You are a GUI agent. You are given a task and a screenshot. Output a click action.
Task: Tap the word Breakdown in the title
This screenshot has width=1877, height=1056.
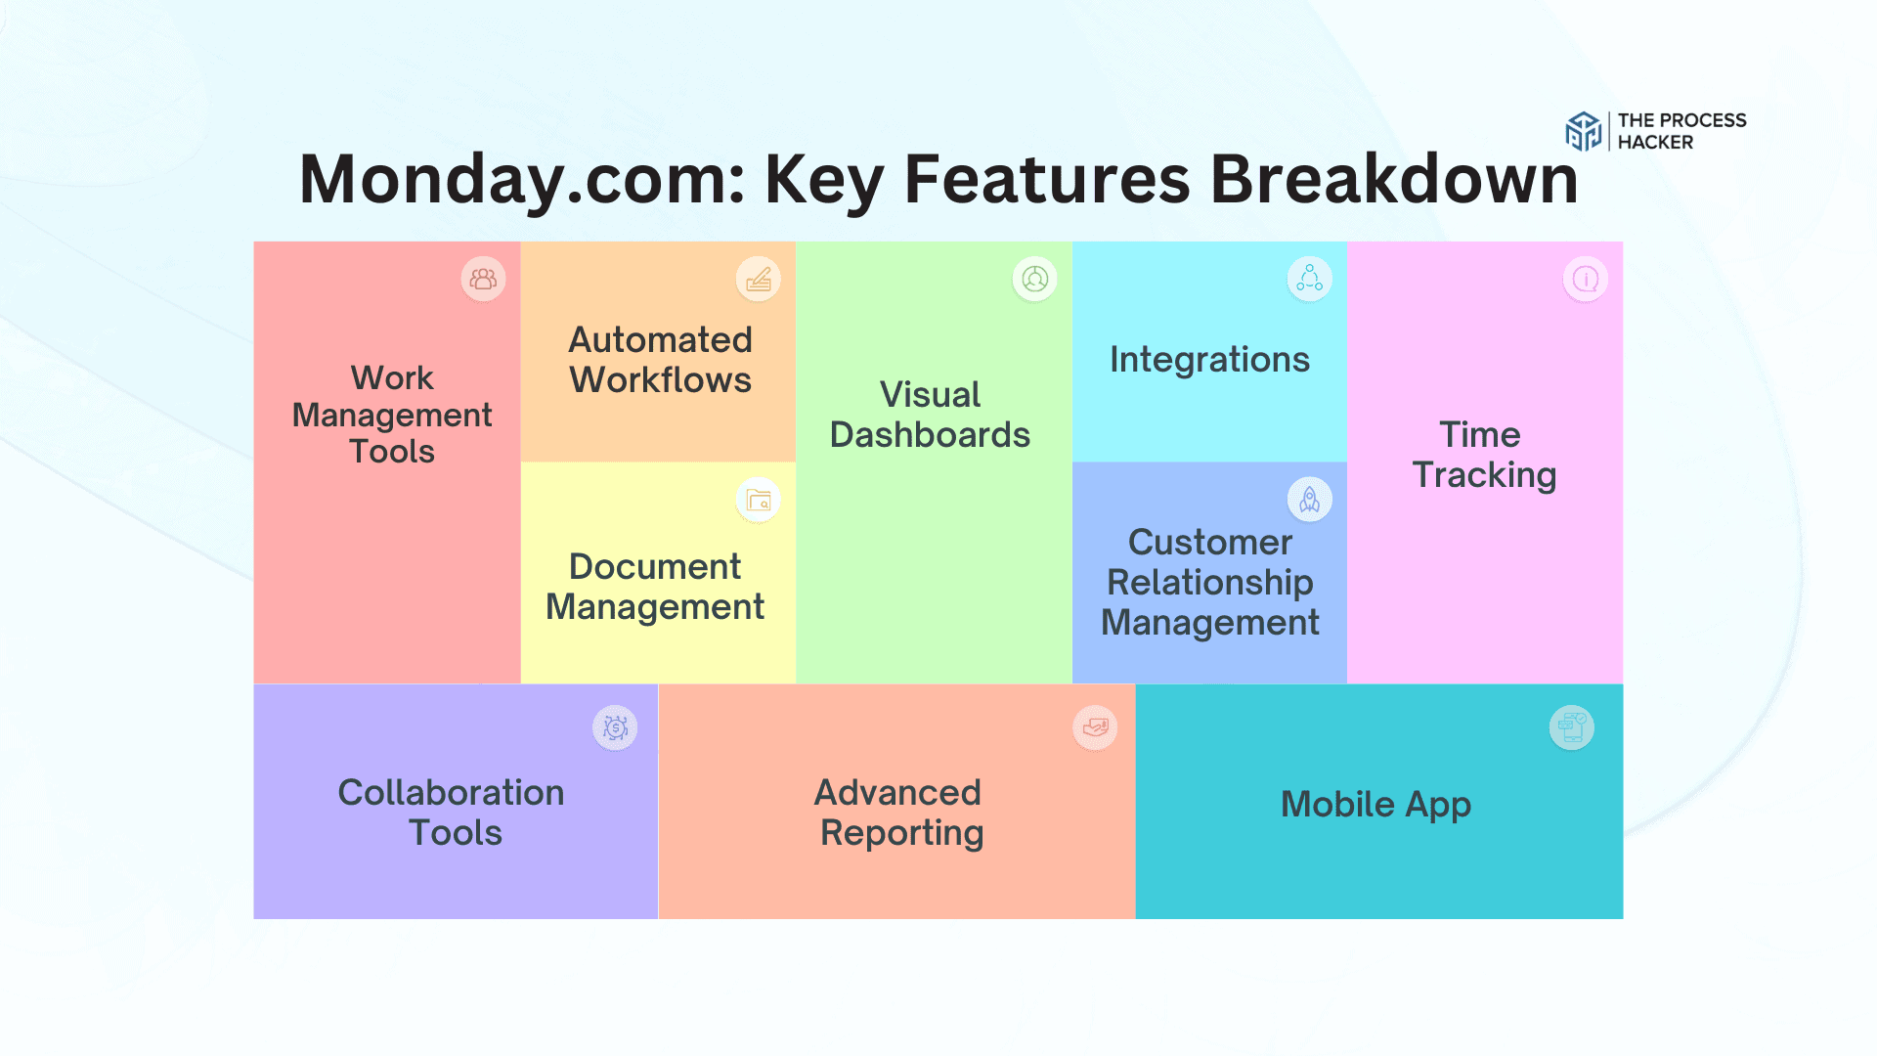tap(1394, 180)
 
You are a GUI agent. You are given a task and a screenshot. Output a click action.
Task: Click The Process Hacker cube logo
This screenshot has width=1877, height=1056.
tap(1583, 131)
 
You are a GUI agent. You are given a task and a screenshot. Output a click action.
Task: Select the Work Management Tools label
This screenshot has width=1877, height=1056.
tap(392, 415)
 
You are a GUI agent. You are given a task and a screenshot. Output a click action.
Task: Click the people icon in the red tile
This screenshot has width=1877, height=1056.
tap(483, 280)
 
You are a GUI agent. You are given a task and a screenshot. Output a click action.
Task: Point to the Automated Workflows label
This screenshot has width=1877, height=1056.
tap(661, 360)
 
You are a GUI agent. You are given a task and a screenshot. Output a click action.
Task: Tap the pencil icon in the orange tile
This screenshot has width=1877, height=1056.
tap(759, 280)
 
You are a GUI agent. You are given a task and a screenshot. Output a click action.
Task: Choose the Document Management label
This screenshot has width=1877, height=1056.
tap(655, 587)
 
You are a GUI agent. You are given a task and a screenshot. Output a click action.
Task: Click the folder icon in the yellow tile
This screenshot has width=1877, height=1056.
tap(759, 501)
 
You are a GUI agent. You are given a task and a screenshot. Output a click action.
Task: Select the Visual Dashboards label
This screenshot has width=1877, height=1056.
tap(930, 415)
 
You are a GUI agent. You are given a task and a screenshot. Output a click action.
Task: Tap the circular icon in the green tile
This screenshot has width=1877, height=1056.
tap(1035, 280)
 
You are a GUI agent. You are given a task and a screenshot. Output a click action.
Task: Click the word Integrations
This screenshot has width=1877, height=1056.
tap(1209, 360)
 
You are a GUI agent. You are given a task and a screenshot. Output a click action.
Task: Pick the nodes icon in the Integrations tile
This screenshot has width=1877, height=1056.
tap(1310, 280)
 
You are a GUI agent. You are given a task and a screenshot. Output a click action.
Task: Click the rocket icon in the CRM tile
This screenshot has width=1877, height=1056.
tap(1310, 500)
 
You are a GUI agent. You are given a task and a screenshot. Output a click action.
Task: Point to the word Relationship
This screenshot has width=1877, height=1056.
tap(1210, 583)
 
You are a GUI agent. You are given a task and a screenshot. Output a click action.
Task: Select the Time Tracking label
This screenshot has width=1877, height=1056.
tap(1484, 455)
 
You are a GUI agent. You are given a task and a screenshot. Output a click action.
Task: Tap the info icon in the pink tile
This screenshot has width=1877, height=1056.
tap(1586, 280)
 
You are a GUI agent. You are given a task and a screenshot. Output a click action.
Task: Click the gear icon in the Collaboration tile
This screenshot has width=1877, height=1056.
tap(615, 728)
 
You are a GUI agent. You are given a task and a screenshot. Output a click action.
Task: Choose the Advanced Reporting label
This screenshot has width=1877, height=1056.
tap(900, 813)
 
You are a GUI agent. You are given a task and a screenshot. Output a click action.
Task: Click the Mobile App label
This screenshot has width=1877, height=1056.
tap(1375, 805)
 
